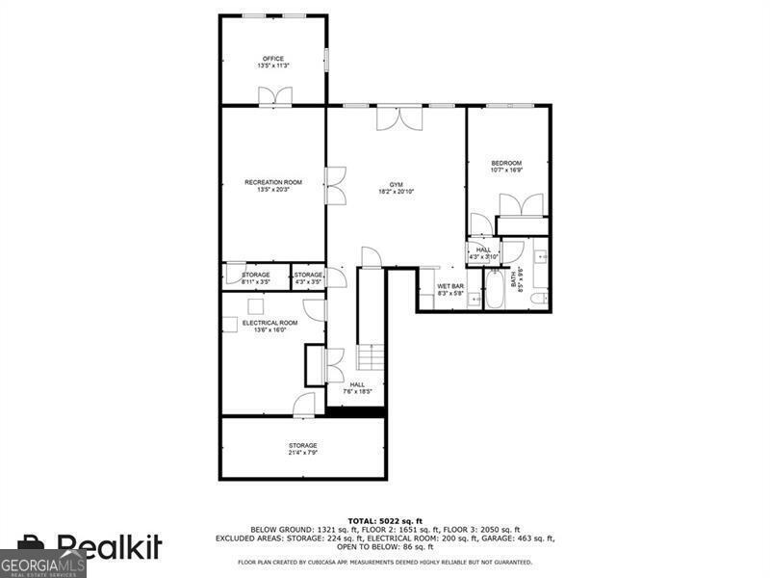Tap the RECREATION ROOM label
tap(273, 183)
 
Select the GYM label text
tap(396, 185)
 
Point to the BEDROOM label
tap(506, 163)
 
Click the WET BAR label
tap(450, 286)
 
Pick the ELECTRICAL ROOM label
tap(269, 323)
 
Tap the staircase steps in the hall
tap(372, 359)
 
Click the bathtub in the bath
tap(494, 290)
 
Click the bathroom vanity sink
tap(540, 258)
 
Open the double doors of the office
tap(274, 94)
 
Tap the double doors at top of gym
tap(398, 117)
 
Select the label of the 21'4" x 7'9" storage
tap(302, 448)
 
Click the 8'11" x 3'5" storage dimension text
tap(256, 282)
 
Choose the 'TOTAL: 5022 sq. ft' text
tap(385, 520)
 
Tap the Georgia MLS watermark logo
tap(42, 563)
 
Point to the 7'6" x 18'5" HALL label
tap(357, 387)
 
